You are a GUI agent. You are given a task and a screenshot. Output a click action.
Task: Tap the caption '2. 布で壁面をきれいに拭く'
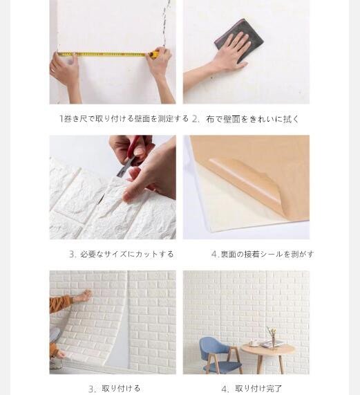pyautogui.click(x=245, y=119)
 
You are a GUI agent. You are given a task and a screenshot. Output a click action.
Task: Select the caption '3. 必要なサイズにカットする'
pyautogui.click(x=121, y=254)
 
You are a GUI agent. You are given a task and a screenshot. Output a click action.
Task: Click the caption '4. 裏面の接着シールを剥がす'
pyautogui.click(x=262, y=254)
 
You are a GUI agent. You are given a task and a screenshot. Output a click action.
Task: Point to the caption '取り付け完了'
pyautogui.click(x=258, y=388)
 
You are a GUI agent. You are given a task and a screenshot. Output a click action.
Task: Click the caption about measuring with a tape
pyautogui.click(x=124, y=118)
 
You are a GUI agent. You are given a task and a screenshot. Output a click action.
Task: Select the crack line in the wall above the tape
pyautogui.click(x=164, y=24)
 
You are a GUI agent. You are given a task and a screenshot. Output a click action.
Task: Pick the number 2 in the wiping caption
pyautogui.click(x=196, y=119)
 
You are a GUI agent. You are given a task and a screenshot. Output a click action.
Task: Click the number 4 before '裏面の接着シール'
pyautogui.click(x=214, y=254)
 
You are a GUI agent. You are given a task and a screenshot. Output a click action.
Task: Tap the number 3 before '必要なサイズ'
pyautogui.click(x=72, y=254)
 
